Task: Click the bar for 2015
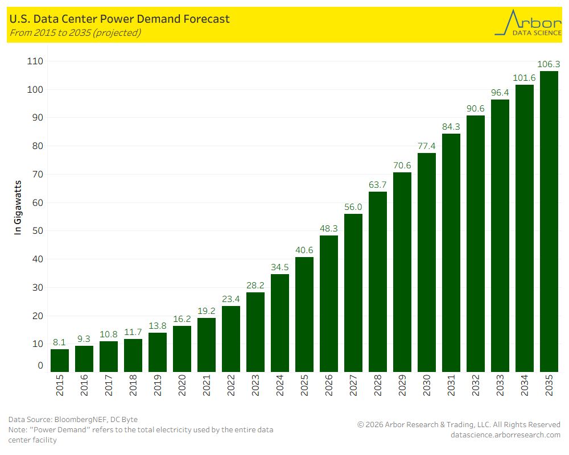pos(60,361)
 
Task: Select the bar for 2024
pos(280,323)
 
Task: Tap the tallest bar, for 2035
pos(549,222)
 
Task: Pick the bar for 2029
pos(402,272)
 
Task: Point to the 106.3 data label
pos(549,64)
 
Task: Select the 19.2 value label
pos(207,311)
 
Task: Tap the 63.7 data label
pos(378,184)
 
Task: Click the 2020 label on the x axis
pos(182,385)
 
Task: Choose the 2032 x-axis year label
pos(476,385)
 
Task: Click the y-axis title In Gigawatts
pos(18,208)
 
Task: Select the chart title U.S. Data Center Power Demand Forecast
pos(119,19)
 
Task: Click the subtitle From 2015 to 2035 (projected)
pos(75,32)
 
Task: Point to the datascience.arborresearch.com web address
pos(505,435)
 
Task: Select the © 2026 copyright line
pos(459,425)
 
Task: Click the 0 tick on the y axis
pos(40,366)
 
